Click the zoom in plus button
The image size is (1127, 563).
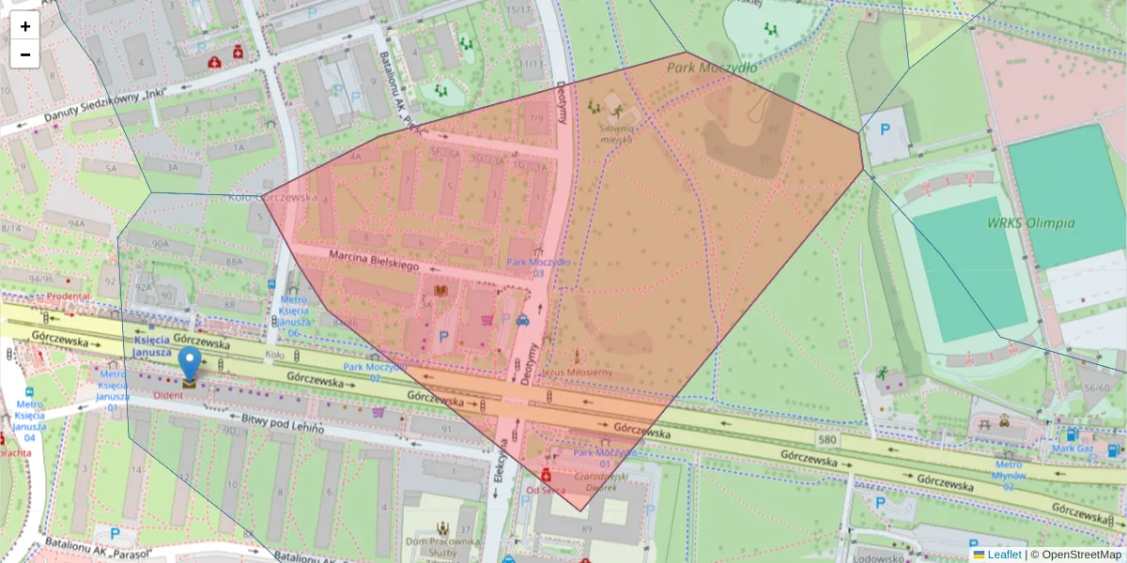coord(25,26)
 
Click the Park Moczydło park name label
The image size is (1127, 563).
coord(712,68)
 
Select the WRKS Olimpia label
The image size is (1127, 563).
coord(1030,223)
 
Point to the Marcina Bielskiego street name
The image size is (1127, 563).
coord(373,261)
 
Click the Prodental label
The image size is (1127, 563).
coord(68,297)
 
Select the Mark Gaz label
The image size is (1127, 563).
coord(1073,448)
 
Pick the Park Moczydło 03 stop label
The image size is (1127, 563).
coord(538,267)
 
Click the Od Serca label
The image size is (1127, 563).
coord(545,490)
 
